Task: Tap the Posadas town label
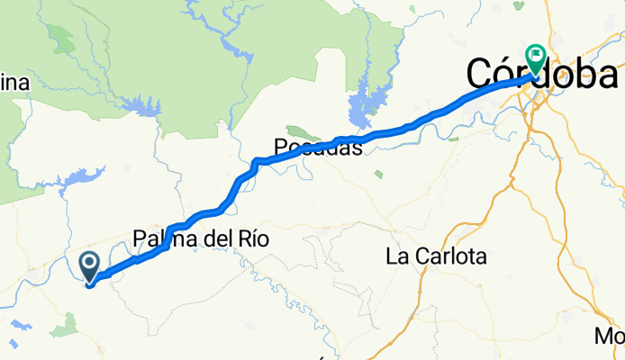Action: pos(318,148)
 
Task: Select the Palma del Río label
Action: pos(189,241)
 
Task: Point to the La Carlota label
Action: pos(436,256)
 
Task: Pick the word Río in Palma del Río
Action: pos(230,241)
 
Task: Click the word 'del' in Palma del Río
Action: pos(197,241)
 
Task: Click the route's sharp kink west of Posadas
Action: pos(256,162)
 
